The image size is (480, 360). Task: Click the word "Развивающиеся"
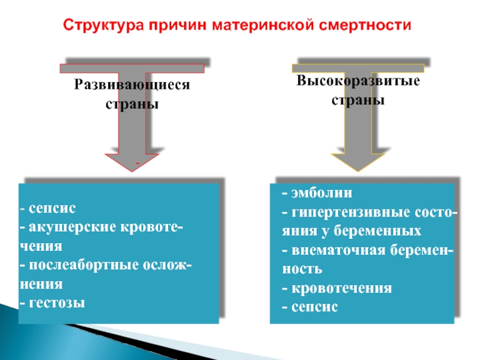click(x=132, y=85)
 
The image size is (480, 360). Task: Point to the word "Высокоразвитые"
click(x=358, y=81)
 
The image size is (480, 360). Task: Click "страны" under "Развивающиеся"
click(x=132, y=104)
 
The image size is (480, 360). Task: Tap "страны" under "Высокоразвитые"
click(x=358, y=100)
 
